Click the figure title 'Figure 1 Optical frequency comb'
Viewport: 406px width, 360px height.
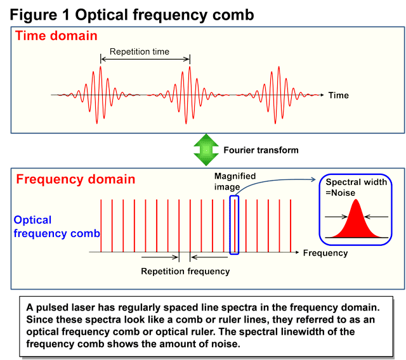point(132,15)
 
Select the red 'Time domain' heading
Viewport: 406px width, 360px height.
point(56,35)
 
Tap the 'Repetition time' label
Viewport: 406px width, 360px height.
point(140,52)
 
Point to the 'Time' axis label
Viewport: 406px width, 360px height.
point(338,96)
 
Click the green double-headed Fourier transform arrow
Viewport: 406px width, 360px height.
point(206,150)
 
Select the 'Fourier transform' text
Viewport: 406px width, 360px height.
point(261,150)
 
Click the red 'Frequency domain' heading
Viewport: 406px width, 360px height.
point(75,179)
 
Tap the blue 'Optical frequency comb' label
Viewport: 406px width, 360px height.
point(56,226)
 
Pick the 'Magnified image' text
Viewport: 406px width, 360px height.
point(235,181)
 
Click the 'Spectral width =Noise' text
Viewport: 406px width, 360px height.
point(357,187)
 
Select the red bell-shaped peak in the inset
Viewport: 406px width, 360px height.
point(357,220)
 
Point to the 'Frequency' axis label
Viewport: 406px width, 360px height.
point(325,253)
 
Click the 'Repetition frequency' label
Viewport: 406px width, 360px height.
point(185,271)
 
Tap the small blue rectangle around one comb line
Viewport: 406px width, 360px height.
point(234,225)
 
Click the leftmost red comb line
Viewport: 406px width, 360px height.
point(101,226)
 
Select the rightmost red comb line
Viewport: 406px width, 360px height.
point(291,226)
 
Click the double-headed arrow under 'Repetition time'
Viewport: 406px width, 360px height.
point(145,59)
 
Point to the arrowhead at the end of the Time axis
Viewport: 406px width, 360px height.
point(322,95)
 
